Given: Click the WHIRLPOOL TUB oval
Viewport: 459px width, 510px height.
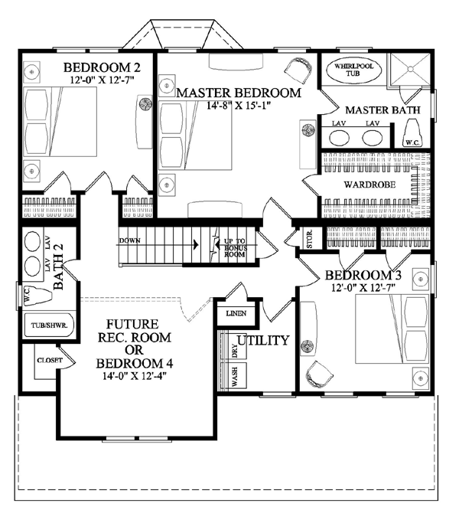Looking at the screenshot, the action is click(x=353, y=70).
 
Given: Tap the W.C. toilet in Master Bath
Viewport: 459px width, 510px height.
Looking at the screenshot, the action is click(x=412, y=132).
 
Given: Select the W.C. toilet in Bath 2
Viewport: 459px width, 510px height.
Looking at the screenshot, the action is click(x=37, y=295).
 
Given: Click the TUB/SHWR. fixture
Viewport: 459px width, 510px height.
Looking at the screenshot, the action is click(x=49, y=325).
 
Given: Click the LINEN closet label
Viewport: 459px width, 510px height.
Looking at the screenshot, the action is click(x=236, y=313).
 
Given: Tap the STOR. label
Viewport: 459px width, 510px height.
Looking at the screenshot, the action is click(x=310, y=239).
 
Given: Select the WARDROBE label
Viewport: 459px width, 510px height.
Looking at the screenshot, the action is click(x=369, y=185).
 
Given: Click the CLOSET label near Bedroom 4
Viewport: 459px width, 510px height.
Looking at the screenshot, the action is click(x=50, y=360).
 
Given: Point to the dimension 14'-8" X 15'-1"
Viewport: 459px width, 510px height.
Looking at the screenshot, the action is click(x=239, y=106).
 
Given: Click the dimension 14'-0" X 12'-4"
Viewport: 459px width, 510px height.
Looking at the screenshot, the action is click(x=135, y=376).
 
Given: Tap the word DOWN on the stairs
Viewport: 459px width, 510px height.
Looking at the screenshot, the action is click(x=130, y=240).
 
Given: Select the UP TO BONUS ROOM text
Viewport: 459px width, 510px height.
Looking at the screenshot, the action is click(x=235, y=248).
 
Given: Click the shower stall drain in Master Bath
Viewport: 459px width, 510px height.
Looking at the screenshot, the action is click(x=410, y=69).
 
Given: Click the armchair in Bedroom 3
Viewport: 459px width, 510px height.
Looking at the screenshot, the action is click(x=319, y=374).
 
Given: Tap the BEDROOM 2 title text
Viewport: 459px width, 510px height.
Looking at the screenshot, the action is click(x=102, y=67).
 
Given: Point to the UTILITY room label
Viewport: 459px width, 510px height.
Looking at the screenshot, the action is click(x=263, y=340).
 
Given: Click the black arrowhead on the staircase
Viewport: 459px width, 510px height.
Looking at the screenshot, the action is click(x=196, y=244).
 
